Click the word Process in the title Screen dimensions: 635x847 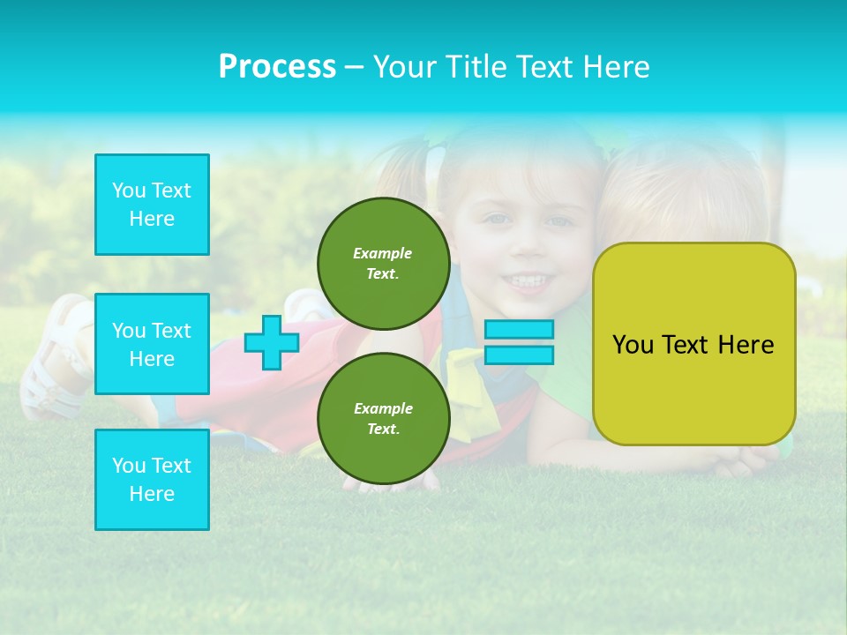277,67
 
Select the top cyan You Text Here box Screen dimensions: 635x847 152,205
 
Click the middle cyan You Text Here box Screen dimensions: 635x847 152,344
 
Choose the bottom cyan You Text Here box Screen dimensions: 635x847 152,480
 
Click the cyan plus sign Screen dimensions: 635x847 271,343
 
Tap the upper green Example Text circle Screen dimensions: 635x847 384,264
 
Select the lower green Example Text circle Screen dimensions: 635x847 384,419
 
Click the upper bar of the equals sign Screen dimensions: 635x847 519,329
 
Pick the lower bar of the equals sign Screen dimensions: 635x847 519,355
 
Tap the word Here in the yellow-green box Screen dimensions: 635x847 746,345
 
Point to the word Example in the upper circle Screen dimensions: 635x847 383,253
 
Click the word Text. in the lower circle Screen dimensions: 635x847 383,430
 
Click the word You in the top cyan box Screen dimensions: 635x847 129,190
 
